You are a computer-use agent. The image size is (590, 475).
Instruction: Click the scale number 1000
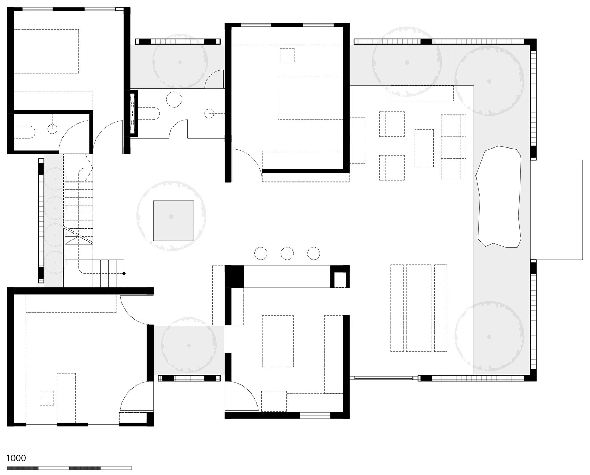click(16, 458)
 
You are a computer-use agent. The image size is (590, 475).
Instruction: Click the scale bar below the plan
click(69, 468)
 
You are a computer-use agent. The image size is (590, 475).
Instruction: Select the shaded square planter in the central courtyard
click(174, 221)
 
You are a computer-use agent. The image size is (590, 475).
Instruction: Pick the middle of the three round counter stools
click(287, 253)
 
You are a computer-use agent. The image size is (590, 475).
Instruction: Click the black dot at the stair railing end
click(124, 274)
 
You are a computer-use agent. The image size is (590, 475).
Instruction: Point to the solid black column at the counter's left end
click(235, 277)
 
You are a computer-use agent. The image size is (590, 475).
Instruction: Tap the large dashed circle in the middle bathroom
click(174, 99)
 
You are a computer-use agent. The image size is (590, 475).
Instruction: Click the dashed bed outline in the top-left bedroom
click(46, 51)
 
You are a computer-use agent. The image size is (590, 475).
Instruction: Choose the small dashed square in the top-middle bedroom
click(287, 55)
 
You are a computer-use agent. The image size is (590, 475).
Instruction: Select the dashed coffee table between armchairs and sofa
click(424, 148)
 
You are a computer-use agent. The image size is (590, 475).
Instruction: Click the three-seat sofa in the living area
click(453, 147)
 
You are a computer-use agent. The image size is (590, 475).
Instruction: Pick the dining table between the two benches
click(419, 308)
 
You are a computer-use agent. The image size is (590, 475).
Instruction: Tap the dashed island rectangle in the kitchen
click(278, 341)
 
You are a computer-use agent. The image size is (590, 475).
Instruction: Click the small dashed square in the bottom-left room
click(47, 398)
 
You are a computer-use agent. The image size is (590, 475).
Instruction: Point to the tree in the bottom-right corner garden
click(489, 337)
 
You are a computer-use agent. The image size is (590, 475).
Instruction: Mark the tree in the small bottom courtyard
click(188, 346)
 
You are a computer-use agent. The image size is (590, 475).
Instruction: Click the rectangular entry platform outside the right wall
click(556, 210)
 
